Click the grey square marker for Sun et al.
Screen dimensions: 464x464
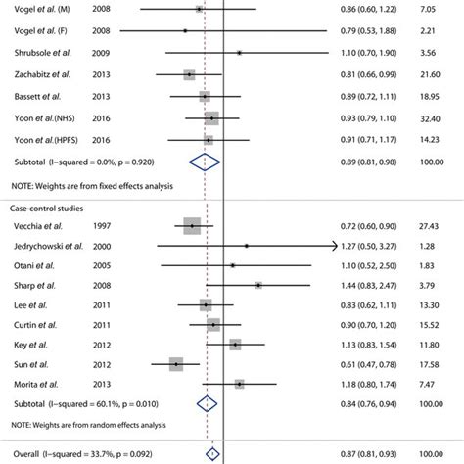[175, 364]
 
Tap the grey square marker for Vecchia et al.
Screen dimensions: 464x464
[192, 225]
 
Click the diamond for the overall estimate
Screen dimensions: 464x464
[211, 453]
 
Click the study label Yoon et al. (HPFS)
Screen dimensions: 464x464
[44, 140]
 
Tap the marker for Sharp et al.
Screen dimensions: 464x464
[258, 285]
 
